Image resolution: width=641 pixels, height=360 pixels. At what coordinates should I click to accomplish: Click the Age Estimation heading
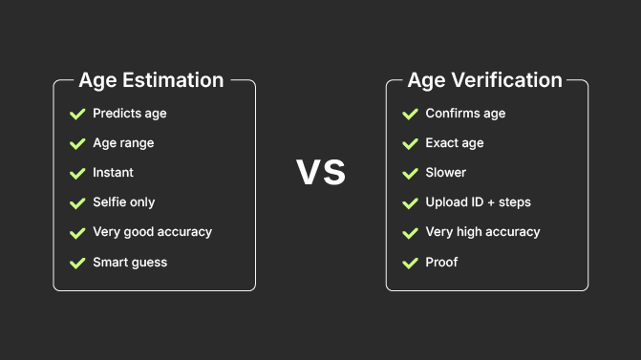tap(151, 80)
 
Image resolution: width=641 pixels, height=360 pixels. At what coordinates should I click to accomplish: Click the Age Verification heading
tap(484, 80)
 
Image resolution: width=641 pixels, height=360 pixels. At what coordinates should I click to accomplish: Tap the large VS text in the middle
tap(320, 173)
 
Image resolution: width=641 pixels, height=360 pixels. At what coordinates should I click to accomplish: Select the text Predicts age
tap(129, 114)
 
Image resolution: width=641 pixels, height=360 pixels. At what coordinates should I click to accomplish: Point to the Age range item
tap(123, 143)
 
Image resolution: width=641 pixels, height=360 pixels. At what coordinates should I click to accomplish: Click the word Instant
tap(113, 173)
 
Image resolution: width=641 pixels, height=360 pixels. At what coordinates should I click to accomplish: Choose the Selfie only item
tap(123, 202)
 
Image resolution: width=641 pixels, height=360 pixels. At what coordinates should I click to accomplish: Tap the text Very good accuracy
tap(152, 232)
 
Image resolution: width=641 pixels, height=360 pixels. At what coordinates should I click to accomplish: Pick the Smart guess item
tap(130, 262)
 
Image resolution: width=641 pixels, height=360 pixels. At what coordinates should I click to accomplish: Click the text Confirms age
tap(465, 114)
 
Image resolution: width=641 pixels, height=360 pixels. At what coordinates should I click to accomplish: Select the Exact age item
tap(455, 143)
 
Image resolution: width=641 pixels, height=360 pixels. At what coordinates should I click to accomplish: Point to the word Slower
tap(446, 173)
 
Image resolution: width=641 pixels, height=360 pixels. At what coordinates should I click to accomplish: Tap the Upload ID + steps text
tap(478, 202)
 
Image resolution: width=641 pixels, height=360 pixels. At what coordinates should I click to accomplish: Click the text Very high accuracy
tap(482, 232)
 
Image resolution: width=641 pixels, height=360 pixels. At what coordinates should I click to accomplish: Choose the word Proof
tap(441, 262)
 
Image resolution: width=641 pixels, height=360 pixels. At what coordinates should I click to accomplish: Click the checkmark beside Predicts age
tap(77, 114)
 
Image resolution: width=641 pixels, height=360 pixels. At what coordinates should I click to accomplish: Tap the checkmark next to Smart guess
tap(77, 262)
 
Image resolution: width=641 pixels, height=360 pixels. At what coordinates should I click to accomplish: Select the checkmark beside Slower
tap(410, 173)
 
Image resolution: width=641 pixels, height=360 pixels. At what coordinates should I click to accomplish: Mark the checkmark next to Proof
tap(410, 262)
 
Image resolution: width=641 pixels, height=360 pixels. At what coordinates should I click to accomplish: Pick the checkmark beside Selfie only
tap(77, 202)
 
